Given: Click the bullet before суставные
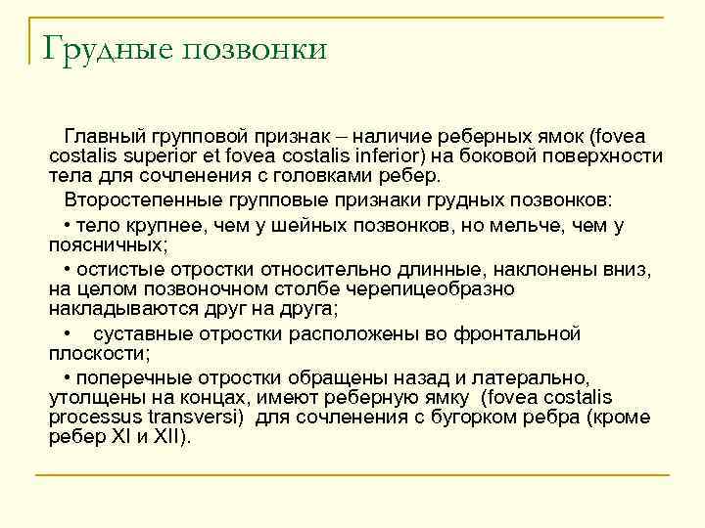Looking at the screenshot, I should coord(67,334).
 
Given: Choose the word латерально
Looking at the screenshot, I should coord(534,377).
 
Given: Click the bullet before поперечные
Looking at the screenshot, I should coord(67,377).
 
